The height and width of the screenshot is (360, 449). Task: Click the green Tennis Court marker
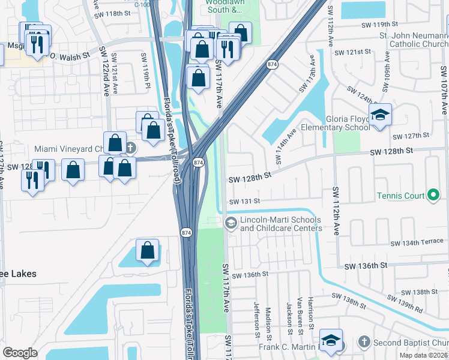(x=433, y=195)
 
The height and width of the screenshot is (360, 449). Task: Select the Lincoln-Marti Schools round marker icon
(x=230, y=223)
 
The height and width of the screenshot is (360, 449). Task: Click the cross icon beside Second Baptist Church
(x=362, y=342)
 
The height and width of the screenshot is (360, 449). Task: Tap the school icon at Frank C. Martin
(x=331, y=340)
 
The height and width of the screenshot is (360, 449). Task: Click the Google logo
(x=20, y=353)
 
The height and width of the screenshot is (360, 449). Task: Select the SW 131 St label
(x=244, y=202)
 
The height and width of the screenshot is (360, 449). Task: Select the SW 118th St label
(x=113, y=13)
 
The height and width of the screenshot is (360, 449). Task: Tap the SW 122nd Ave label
(x=107, y=75)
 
